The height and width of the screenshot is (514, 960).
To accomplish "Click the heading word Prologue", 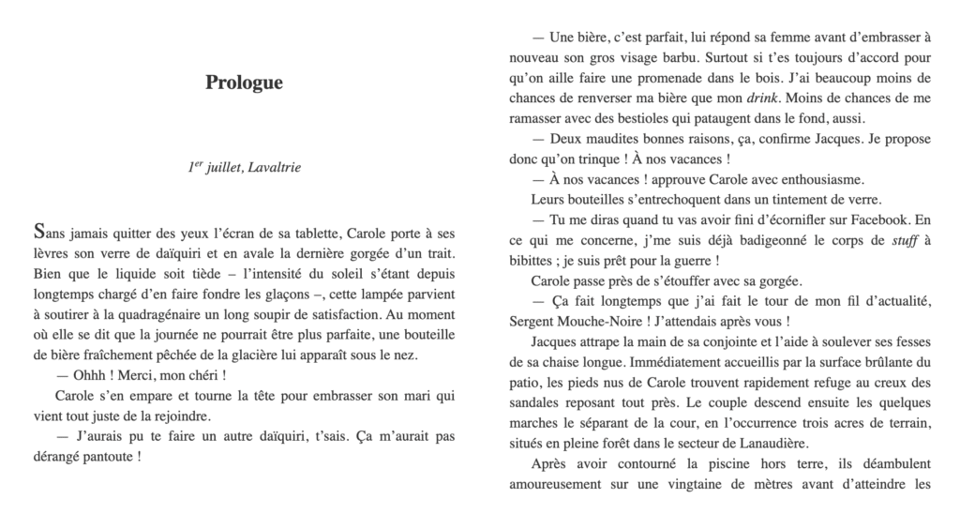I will (244, 83).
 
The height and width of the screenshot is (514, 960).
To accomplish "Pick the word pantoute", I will (109, 458).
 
